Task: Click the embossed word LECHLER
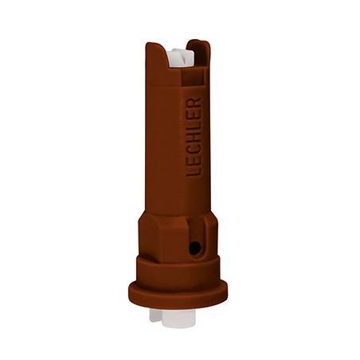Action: pos(194,137)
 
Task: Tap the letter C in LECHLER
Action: pos(194,150)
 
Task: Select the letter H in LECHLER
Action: pos(194,137)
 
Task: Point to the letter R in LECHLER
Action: pos(194,103)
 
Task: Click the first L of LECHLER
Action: pos(194,172)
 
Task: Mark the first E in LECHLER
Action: pos(194,162)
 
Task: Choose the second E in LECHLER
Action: pos(194,115)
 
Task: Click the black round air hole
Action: pos(194,248)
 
